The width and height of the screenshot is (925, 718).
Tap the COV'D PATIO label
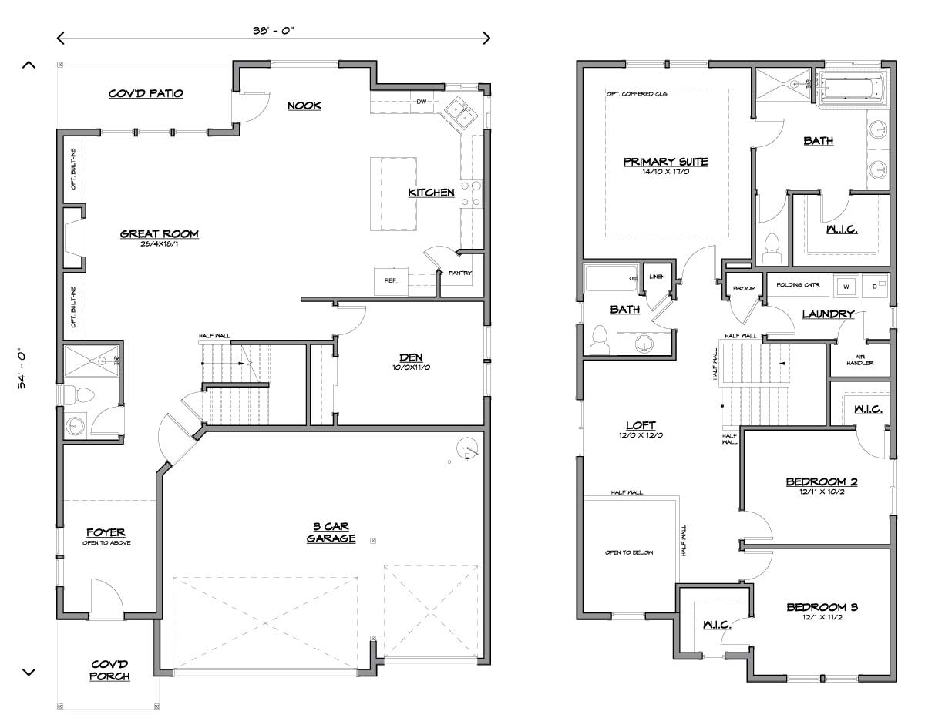145,93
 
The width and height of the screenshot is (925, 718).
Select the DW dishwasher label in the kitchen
422,102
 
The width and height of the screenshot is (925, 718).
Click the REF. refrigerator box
390,280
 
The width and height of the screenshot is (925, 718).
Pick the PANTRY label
460,273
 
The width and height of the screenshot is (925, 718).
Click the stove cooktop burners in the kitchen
471,193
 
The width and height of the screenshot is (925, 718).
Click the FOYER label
106,532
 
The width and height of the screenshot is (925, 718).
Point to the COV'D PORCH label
109,670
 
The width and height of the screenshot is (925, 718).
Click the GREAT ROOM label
159,233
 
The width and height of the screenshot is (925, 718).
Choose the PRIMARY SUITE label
665,162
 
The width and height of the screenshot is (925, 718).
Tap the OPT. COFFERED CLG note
637,95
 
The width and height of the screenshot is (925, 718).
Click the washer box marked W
846,287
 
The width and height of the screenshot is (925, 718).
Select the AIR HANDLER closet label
859,360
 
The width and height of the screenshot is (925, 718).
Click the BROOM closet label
744,288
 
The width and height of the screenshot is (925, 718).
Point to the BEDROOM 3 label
822,607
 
